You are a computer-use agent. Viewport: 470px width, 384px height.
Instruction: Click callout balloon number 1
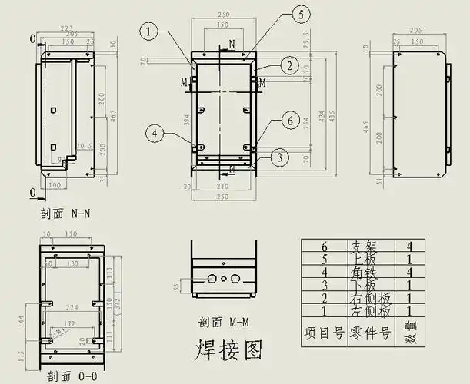tap(149, 31)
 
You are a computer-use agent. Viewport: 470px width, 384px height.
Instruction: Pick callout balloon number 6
tap(289, 121)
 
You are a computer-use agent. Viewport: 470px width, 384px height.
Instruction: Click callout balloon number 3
tap(280, 157)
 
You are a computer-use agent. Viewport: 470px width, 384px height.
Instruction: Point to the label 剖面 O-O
tap(72, 376)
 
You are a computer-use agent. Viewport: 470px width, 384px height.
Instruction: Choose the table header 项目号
tap(322, 333)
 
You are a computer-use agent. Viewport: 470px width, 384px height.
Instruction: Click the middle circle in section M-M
tap(224, 280)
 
